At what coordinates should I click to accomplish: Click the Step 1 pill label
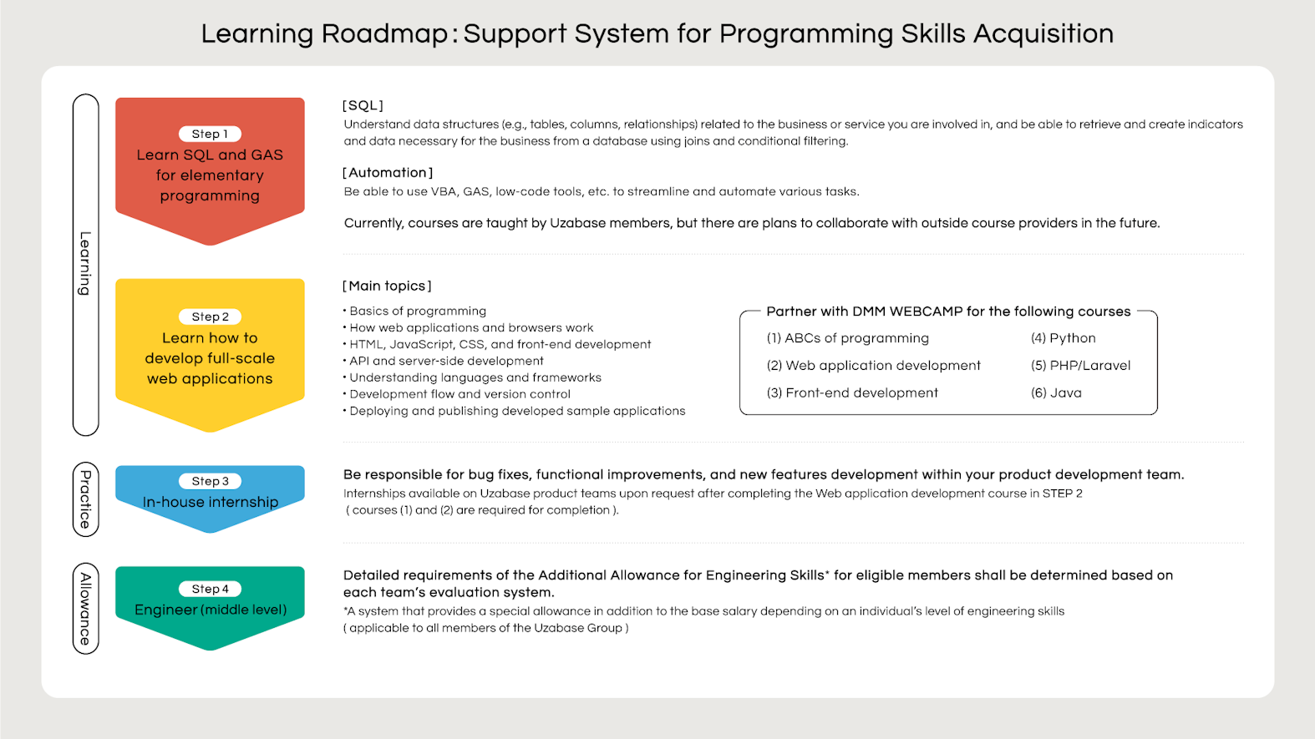click(x=210, y=134)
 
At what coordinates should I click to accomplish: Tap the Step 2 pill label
click(x=210, y=316)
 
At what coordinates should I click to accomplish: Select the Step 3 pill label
click(x=210, y=481)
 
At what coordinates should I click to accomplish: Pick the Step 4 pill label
click(x=210, y=589)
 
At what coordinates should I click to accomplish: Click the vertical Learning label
click(x=86, y=264)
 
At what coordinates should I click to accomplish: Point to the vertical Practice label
click(x=86, y=499)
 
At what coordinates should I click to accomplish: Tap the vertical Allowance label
click(x=86, y=609)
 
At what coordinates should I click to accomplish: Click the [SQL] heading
click(x=363, y=105)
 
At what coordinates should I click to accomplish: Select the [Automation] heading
click(x=388, y=173)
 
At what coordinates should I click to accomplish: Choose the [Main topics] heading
click(x=387, y=286)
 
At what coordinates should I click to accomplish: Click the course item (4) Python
click(x=1064, y=338)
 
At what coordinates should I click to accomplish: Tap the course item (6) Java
click(x=1056, y=392)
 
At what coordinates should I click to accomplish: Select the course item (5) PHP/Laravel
click(x=1080, y=366)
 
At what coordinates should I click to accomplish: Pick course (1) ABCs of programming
click(x=848, y=338)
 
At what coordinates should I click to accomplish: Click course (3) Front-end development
click(x=852, y=392)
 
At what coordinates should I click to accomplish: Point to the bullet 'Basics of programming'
click(x=414, y=311)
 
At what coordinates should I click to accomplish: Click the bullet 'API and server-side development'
click(x=444, y=361)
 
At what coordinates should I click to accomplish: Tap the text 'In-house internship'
click(x=211, y=502)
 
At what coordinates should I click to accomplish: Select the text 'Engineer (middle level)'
click(x=211, y=610)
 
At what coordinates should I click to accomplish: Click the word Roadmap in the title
click(x=385, y=33)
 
